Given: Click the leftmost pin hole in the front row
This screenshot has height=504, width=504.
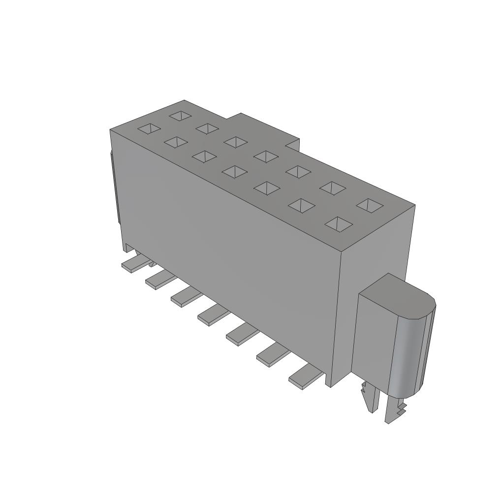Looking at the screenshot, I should click(149, 128).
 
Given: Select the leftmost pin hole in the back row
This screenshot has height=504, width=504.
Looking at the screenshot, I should click(180, 116).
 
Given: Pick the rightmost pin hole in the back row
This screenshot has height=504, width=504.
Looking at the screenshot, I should click(370, 205).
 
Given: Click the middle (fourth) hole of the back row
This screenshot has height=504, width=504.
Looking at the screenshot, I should click(266, 157).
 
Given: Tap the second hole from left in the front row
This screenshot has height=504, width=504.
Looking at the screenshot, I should click(176, 142).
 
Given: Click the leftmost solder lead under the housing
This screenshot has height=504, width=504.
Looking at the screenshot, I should click(132, 265).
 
